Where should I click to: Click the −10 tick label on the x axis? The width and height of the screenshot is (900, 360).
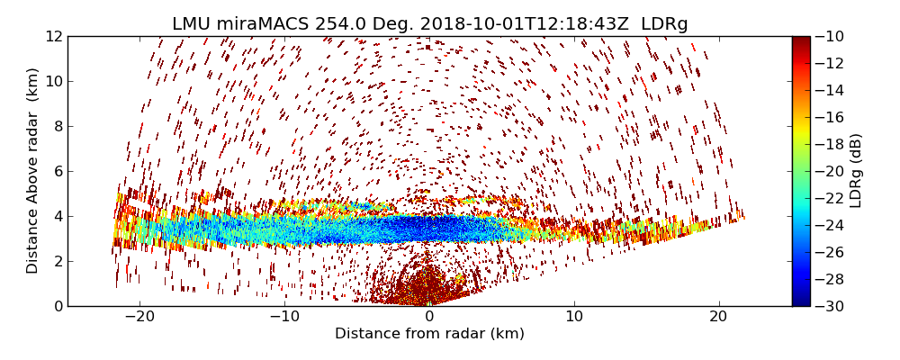284,317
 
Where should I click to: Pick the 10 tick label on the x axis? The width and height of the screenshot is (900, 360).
574,317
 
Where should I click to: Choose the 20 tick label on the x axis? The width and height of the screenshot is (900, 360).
718,317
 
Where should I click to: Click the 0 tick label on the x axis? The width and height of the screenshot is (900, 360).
429,317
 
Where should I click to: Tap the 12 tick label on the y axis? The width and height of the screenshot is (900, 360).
54,37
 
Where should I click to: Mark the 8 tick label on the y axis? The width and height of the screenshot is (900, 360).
58,127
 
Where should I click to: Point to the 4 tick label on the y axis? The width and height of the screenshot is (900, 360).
58,217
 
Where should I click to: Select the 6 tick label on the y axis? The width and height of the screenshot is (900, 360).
58,172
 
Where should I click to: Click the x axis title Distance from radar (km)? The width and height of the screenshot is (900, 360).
429,334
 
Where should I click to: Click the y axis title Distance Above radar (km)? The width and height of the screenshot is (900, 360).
33,171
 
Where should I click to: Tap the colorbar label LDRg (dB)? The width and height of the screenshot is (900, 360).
856,171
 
